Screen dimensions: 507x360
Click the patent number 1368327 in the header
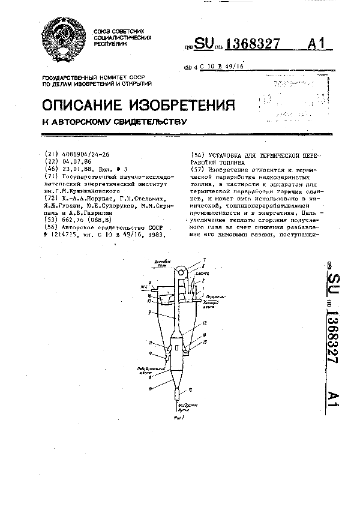[253, 44]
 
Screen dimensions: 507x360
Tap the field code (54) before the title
[197, 155]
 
